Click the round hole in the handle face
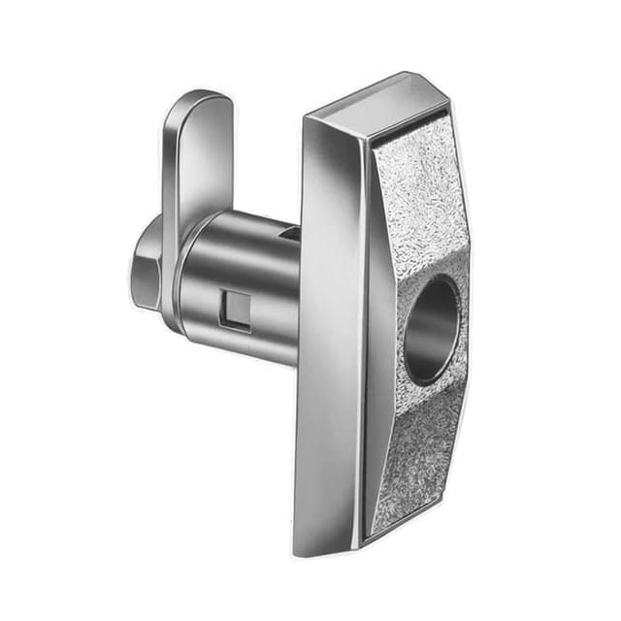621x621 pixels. coord(430,328)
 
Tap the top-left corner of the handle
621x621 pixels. coord(305,119)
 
